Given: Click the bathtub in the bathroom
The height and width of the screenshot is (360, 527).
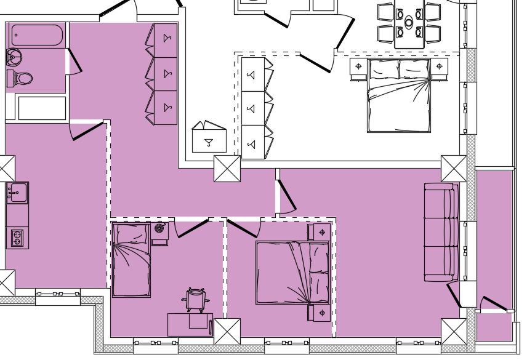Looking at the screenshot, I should coord(37,35).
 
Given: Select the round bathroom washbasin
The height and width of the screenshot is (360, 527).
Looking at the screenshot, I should coord(14,58).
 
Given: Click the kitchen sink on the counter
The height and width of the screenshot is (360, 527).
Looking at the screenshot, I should coord(17,193).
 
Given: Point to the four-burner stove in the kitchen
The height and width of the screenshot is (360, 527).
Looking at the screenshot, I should coord(17,238).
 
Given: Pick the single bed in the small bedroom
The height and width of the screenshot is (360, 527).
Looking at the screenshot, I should coord(131,261).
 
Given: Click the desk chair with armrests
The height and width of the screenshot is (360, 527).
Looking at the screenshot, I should coord(195,300).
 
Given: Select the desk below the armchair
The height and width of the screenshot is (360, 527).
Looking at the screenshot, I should coord(190,324).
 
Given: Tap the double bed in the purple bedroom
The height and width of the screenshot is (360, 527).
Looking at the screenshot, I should coord(292,273).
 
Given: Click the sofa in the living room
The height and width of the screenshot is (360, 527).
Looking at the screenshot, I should coord(441,232).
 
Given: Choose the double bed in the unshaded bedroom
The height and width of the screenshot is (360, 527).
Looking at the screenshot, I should coord(398,95).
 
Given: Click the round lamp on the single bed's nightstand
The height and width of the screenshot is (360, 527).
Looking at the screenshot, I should coord(159,229).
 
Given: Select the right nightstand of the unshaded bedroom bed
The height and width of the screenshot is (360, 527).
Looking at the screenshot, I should coord(439,67).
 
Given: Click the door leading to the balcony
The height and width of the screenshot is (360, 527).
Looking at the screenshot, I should coord(495,303).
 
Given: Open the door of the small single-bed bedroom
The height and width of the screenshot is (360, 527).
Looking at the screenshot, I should coord(191,228).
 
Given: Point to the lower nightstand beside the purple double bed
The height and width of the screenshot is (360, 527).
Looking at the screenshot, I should coord(321,313).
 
